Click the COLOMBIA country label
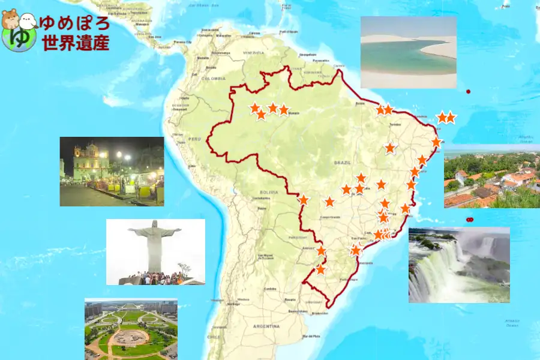pyautogui.click(x=213, y=79)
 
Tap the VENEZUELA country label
pyautogui.click(x=253, y=53)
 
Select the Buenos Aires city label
pyautogui.click(x=298, y=311)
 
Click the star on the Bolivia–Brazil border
pyautogui.click(x=304, y=200)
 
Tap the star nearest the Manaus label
pyautogui.click(x=284, y=109)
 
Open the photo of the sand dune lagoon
pyautogui.click(x=408, y=52)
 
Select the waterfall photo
pyautogui.click(x=459, y=265)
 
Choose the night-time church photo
pyautogui.click(x=112, y=172)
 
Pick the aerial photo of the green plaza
pyautogui.click(x=131, y=329)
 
